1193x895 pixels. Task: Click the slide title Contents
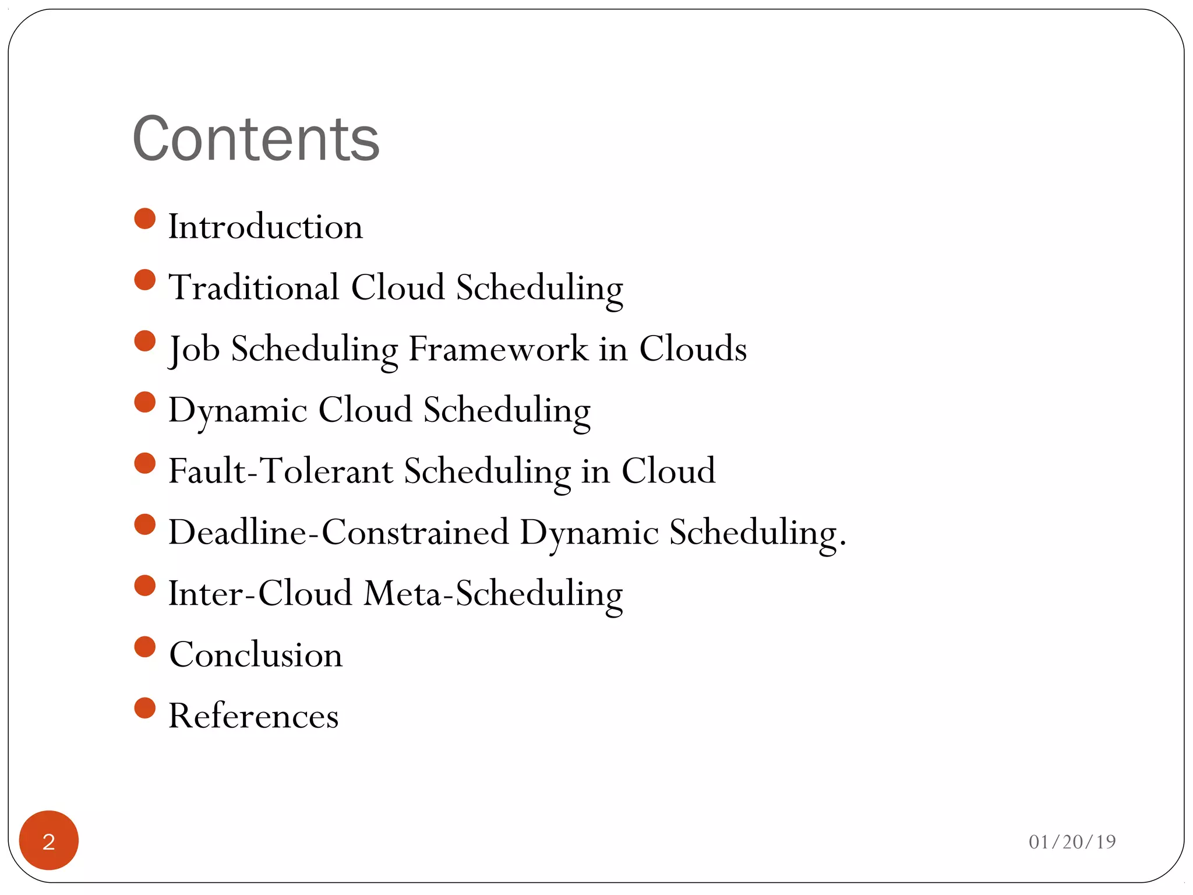point(256,139)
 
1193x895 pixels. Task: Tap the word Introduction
point(265,227)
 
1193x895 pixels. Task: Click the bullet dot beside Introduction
point(144,219)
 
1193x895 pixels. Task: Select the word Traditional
point(253,287)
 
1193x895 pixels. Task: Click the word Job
point(194,349)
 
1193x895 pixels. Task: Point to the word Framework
point(498,349)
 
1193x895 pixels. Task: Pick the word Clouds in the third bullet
point(693,349)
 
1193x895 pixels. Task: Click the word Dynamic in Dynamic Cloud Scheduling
point(237,410)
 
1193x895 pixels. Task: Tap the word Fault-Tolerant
point(281,471)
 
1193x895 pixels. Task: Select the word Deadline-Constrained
point(338,532)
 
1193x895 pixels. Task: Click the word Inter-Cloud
point(260,593)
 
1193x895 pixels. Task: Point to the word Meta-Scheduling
point(493,594)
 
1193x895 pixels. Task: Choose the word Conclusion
point(256,655)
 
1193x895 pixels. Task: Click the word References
point(253,716)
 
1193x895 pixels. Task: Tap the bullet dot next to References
point(144,708)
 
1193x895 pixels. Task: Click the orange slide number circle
point(49,840)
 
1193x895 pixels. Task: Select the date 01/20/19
point(1072,842)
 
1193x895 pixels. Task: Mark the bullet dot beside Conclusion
point(144,647)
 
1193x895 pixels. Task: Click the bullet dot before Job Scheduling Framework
point(144,341)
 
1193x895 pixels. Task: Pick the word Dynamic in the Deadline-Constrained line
point(589,533)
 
